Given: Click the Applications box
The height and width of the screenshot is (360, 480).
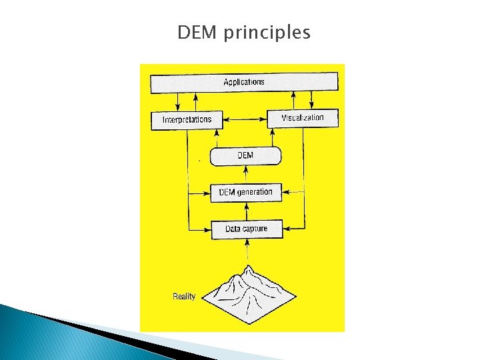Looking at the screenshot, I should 244,83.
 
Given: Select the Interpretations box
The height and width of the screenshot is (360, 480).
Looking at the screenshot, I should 187,120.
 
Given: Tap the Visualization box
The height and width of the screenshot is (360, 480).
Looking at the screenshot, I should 303,118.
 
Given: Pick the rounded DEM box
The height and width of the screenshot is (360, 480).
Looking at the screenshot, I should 245,156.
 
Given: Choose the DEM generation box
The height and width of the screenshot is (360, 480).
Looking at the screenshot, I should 245,193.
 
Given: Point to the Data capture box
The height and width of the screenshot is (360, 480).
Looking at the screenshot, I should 246,229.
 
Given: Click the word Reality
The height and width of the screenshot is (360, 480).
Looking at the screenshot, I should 184,296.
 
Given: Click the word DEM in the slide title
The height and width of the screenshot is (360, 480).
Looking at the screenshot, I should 198,32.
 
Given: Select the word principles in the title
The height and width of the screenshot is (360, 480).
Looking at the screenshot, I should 267,33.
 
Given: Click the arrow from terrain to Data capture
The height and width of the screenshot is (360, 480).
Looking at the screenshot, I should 247,252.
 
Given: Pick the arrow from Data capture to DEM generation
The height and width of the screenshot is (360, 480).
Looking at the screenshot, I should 247,211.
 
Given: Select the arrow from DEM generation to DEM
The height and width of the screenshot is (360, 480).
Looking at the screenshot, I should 247,175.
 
